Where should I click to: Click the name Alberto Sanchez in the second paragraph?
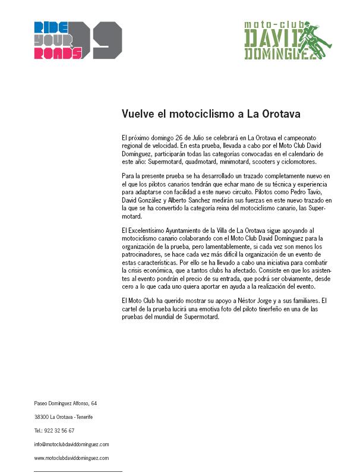[x=176, y=201]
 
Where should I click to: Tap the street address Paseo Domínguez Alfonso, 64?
[x=65, y=403]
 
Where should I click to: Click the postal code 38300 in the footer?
[x=42, y=417]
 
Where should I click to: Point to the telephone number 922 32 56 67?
[x=58, y=431]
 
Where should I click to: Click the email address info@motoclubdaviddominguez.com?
[x=71, y=444]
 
